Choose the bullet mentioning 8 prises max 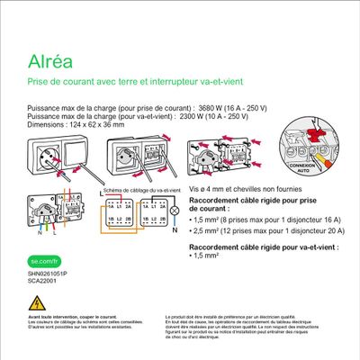point(262,220)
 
